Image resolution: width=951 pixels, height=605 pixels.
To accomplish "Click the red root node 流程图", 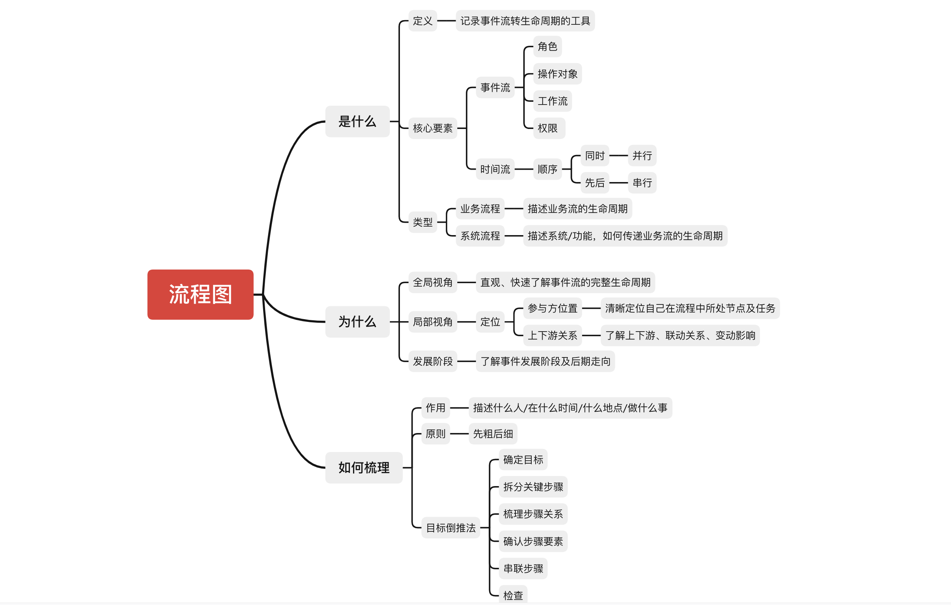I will pos(200,294).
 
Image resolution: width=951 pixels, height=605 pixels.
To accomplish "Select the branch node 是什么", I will pos(357,121).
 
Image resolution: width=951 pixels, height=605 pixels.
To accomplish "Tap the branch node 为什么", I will pos(357,321).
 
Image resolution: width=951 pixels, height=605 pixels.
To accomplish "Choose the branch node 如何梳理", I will pos(364,467).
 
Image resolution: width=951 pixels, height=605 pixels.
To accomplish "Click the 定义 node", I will pos(422,21).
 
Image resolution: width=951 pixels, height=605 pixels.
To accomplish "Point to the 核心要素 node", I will pos(432,128).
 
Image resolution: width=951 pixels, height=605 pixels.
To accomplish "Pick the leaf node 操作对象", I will pos(557,74).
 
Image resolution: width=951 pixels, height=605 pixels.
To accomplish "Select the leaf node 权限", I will pos(548,128).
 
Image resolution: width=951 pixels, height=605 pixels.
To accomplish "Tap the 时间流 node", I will pos(495,169).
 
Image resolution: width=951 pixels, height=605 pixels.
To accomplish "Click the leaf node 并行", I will pos(642,155).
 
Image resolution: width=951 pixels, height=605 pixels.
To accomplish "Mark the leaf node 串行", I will pos(642,183).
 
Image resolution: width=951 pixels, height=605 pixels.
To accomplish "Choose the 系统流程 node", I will pos(480,236).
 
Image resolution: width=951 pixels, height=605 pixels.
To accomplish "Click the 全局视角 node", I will pos(432,283).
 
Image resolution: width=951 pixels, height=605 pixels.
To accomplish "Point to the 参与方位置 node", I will pos(552,308).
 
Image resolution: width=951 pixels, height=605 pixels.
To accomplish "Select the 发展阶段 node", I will pos(432,361).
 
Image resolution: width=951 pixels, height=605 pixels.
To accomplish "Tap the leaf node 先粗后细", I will pos(493,434).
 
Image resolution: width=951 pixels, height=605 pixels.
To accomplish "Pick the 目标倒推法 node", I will pos(451,528).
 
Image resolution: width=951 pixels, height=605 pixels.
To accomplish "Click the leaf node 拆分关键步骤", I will pos(533,487).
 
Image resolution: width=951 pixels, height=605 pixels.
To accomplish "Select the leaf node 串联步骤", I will pos(523,569).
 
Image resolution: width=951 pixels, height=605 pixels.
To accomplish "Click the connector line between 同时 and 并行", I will pos(618,155).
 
